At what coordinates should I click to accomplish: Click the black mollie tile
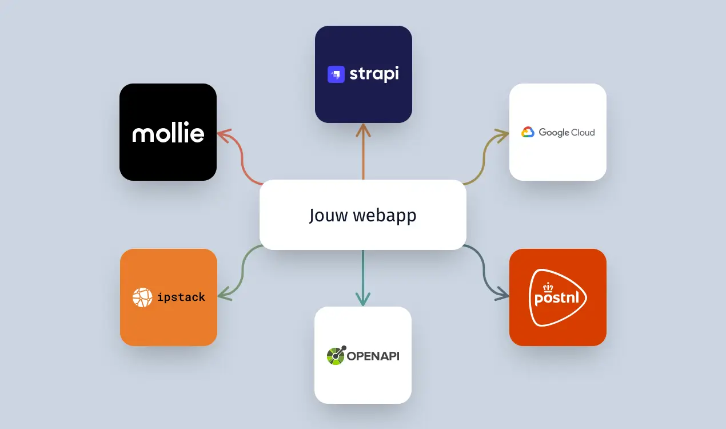coord(168,132)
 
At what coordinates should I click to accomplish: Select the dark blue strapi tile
coord(364,74)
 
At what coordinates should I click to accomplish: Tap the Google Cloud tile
coord(558,132)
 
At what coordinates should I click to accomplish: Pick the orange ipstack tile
coord(169,297)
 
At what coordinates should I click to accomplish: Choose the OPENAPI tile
coord(363,355)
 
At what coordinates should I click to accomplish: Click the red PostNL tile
coord(558,297)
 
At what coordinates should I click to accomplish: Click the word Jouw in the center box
coord(329,215)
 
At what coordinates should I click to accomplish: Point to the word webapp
coord(384,216)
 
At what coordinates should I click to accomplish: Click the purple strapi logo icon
coord(336,74)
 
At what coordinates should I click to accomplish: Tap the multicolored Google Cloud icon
coord(528,133)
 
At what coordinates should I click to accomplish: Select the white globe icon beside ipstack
coord(142,297)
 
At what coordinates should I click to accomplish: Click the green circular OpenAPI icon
coord(336,356)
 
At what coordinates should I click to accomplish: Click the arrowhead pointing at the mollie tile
coord(222,136)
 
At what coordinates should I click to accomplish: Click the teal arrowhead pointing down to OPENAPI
coord(363,300)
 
